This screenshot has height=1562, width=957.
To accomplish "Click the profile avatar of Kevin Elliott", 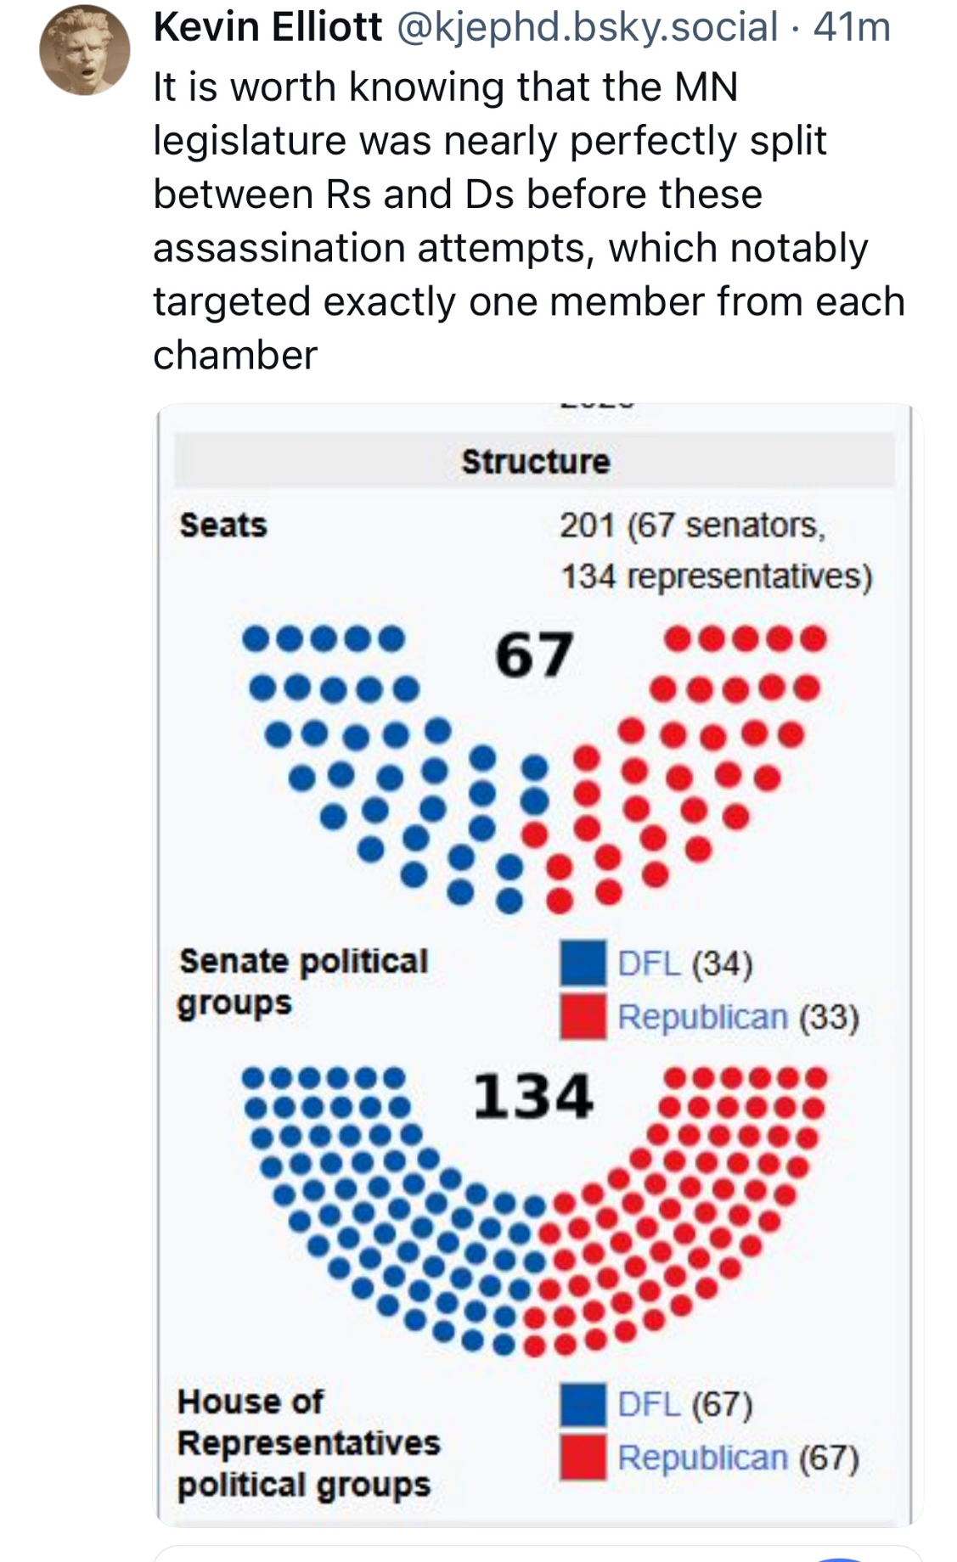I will [84, 50].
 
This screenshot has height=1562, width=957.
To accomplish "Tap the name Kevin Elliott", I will [267, 27].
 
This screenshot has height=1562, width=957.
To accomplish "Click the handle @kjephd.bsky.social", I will [587, 27].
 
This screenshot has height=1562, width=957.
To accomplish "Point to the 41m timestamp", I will [852, 27].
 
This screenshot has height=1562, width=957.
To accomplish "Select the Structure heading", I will [535, 462].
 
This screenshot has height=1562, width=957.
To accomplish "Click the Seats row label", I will [223, 525].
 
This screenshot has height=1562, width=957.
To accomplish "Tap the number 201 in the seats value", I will [587, 525].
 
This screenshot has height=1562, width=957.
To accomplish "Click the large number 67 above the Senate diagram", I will [534, 655].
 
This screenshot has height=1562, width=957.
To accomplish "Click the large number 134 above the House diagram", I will [532, 1096].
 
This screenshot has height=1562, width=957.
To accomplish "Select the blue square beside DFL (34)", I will [583, 963].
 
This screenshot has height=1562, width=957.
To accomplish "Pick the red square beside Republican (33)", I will [583, 1015].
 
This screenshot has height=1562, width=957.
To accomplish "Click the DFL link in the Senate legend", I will [649, 964].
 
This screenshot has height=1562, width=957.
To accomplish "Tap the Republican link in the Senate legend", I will [702, 1016].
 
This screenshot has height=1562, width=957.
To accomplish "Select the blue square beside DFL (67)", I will [583, 1405].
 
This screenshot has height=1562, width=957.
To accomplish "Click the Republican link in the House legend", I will [702, 1458].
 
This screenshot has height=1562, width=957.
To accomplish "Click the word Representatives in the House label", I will [309, 1442].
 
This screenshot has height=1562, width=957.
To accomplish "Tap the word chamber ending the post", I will [235, 355].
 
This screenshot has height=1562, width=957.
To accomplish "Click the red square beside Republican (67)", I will [583, 1457].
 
